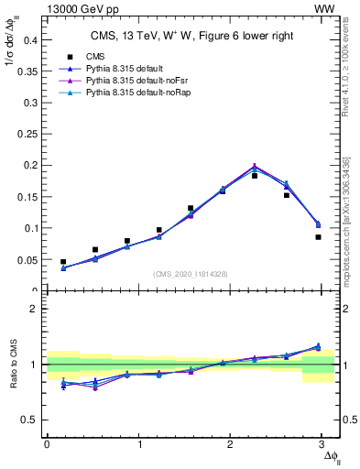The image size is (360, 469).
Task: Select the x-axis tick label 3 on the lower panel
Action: click(x=326, y=444)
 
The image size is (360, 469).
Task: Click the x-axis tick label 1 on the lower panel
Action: click(x=139, y=444)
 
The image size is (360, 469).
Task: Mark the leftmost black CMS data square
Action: click(x=63, y=262)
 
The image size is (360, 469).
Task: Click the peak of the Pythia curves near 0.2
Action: click(x=255, y=166)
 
